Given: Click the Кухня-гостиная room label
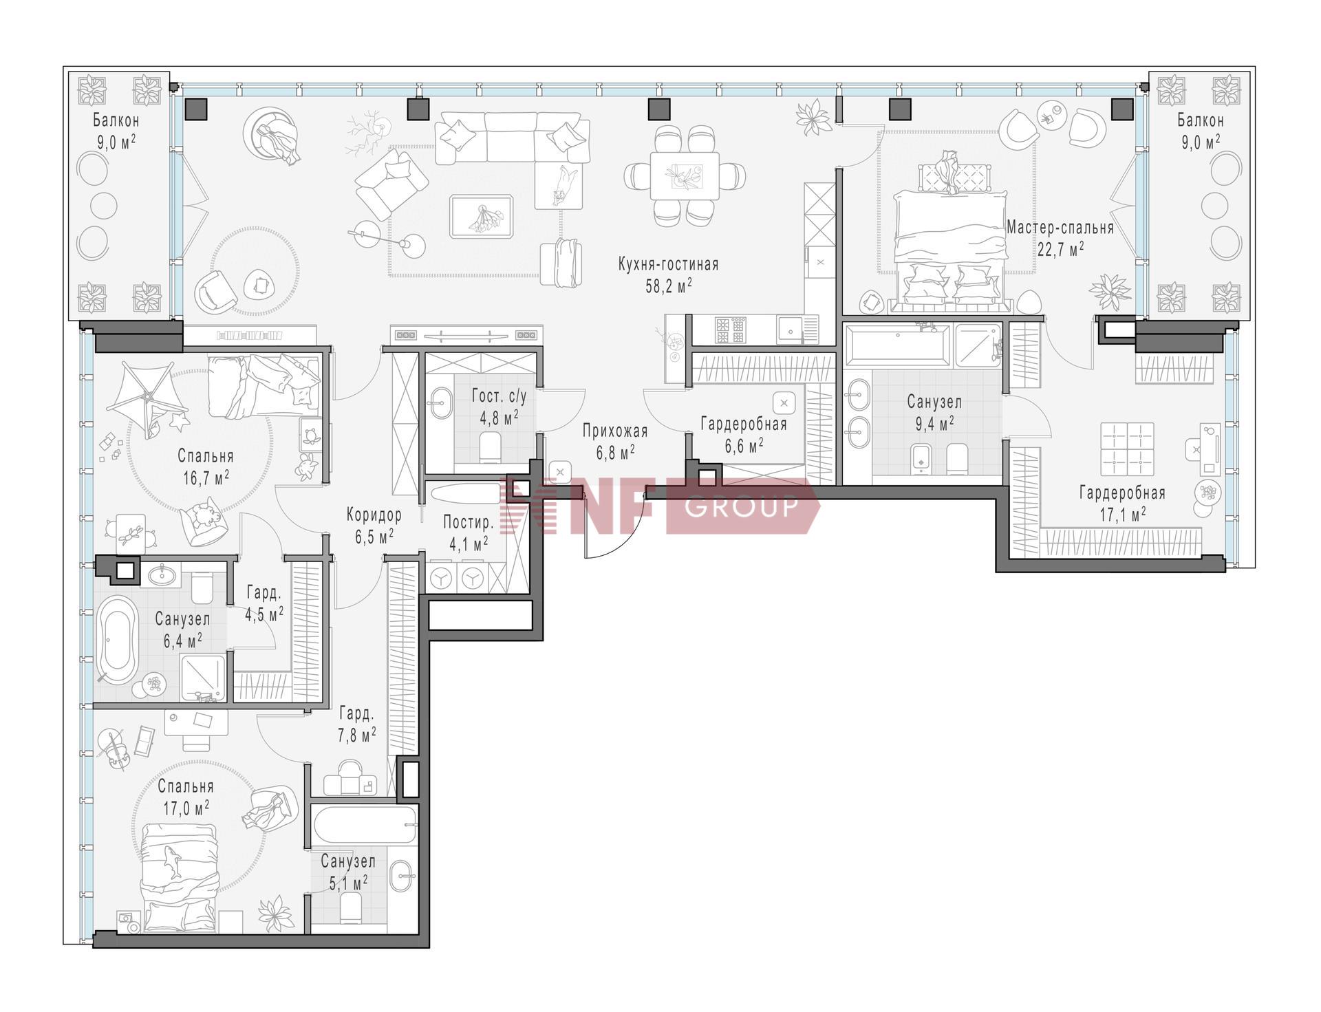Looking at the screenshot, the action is [668, 264].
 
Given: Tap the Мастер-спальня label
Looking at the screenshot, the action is [1060, 227].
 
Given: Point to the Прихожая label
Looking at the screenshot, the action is [615, 431].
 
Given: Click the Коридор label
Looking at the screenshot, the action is [374, 515].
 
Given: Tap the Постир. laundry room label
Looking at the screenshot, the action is [469, 521].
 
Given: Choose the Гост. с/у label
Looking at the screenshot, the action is [499, 396].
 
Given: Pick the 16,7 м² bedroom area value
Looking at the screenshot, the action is [206, 477].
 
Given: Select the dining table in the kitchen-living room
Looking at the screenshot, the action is [685, 175].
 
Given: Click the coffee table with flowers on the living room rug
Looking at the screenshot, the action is [482, 217].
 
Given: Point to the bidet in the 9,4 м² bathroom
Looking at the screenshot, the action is [921, 459].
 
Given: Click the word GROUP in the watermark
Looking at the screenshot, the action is [742, 506].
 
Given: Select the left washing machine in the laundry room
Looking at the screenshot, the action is [441, 578].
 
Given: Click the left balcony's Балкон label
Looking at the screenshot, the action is [116, 120].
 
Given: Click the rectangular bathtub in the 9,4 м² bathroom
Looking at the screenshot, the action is [898, 344].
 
